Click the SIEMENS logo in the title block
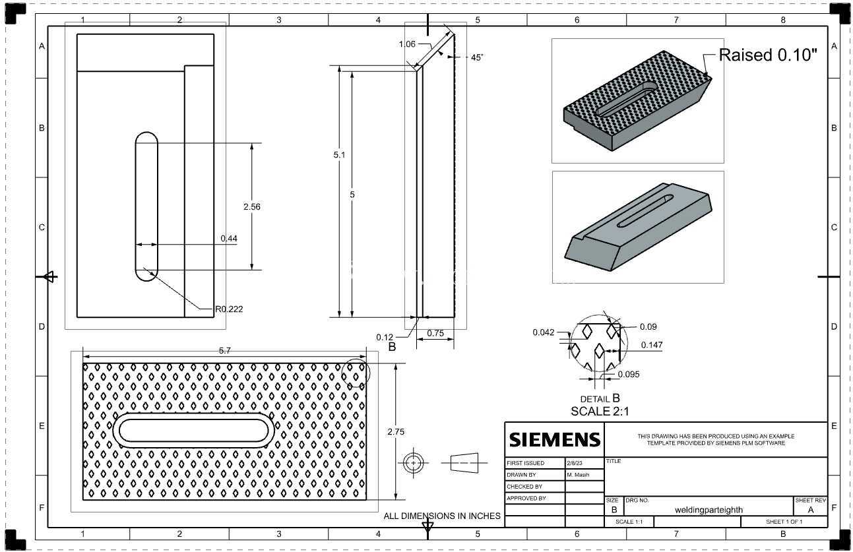tap(554, 440)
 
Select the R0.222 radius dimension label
tap(229, 309)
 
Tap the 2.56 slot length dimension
tap(252, 206)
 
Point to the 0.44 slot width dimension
tap(229, 238)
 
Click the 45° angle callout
tap(477, 57)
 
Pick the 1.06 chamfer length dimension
tap(407, 44)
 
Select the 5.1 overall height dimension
tap(339, 154)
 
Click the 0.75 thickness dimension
tap(435, 333)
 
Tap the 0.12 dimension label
tap(385, 337)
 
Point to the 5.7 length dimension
tap(225, 351)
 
